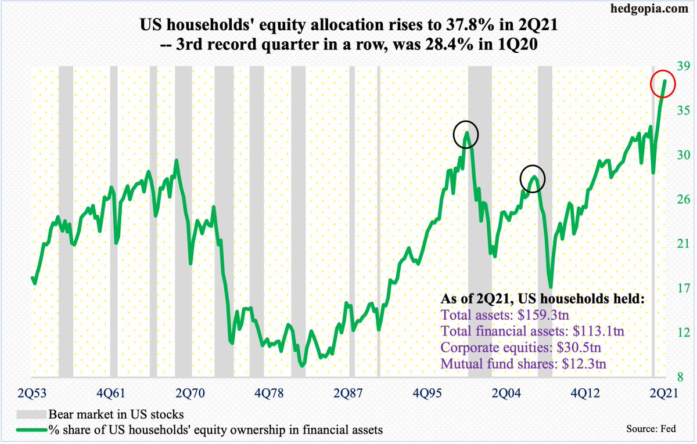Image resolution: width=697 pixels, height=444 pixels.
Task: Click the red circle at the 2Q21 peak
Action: tap(662, 84)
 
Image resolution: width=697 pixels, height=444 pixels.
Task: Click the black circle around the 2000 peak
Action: tap(466, 134)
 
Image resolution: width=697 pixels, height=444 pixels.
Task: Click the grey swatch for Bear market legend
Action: tap(31, 415)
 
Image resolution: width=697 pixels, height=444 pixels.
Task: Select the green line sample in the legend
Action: tap(31, 429)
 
